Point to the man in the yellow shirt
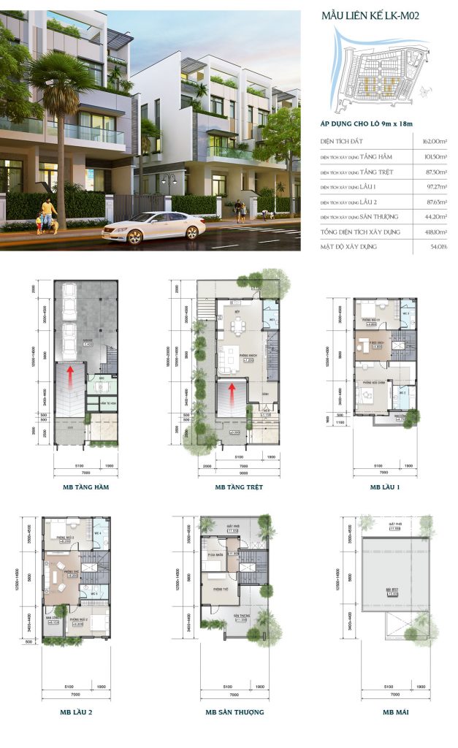[47, 213]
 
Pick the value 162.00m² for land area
[431, 142]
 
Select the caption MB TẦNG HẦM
[86, 486]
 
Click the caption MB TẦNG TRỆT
[239, 486]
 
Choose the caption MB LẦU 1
[385, 486]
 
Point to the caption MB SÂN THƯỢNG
[234, 711]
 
